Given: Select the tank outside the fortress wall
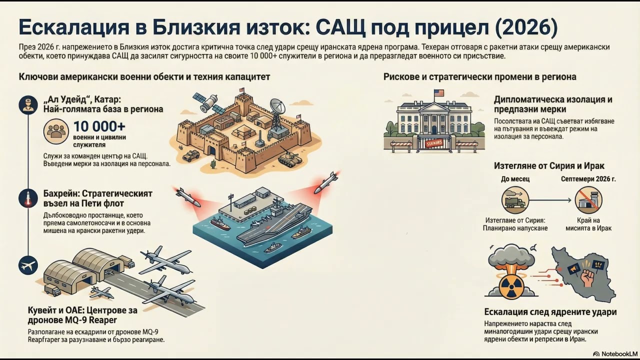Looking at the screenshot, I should tap(288, 158).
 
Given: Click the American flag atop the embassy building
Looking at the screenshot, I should tap(438, 93).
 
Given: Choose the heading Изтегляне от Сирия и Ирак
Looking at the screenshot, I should tap(549, 166).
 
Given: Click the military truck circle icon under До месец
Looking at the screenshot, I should tap(515, 200).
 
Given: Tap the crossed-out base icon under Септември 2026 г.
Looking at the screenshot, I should tap(588, 200).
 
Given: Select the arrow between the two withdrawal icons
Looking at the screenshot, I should tap(551, 200).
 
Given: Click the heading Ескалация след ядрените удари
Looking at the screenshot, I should tap(550, 312).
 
